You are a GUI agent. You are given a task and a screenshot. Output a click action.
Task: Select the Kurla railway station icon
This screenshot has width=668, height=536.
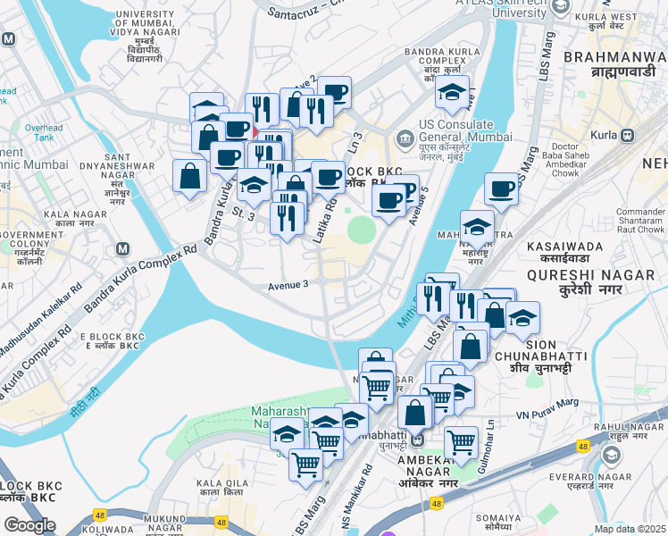pos(627,136)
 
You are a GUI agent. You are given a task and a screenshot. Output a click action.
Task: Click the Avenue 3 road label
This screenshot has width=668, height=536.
pos(288,285)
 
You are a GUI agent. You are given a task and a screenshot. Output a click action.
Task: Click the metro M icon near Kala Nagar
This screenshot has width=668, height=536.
pos(122,248)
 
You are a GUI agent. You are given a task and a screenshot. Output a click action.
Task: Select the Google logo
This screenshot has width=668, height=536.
pos(29,525)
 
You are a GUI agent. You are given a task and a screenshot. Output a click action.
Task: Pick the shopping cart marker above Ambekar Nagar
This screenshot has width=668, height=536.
pos(462,440)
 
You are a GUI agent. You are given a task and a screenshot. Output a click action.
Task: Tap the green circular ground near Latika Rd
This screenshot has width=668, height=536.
pos(362,230)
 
